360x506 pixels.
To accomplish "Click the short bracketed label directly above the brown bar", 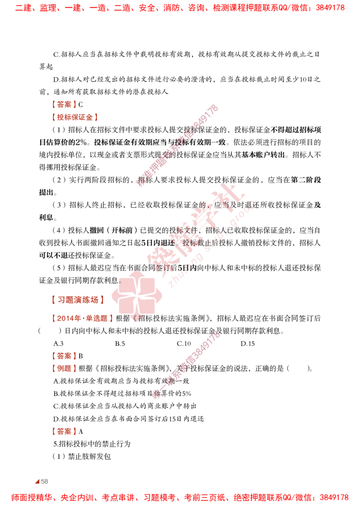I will click(63, 104).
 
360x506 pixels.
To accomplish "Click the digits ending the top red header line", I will click(335, 8).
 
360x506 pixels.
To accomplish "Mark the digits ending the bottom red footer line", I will click(335, 497).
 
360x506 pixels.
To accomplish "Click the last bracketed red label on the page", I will click(63, 431).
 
